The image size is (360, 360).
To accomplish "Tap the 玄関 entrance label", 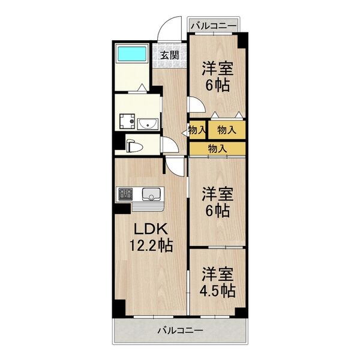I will coord(170,55).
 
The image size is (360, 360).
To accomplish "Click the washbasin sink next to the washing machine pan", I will coord(147,124).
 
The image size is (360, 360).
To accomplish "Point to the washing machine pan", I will coord(127,122).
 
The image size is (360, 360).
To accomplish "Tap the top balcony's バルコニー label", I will coord(214,26).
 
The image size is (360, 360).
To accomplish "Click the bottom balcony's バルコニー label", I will coord(181,329).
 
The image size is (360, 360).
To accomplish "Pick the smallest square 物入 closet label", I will coord(197,130).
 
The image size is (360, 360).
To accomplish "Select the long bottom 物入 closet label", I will coord(217,148).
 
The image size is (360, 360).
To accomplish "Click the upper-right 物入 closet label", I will coord(226,130).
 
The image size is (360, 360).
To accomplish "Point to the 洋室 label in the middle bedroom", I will coord(217,194).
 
